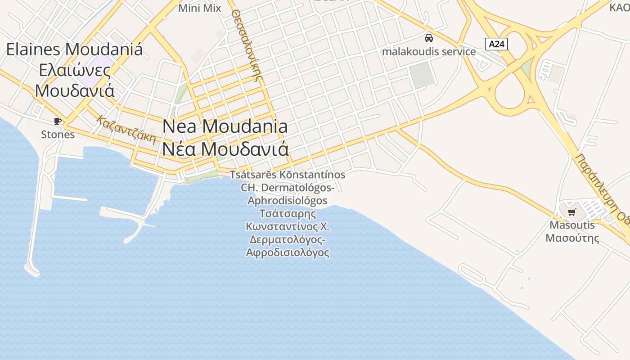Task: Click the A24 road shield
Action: pos(497,44)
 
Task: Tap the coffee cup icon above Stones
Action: pos(58,121)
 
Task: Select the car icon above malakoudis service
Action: pos(429,38)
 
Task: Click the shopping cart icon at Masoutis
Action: pos(571,212)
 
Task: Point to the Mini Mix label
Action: pos(200,8)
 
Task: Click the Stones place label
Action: pos(58,134)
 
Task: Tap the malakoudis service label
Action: pos(429,51)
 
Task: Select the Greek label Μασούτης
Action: pos(572,238)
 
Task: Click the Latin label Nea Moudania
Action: pos(225,126)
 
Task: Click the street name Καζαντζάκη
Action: pos(126,129)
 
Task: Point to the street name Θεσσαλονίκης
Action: pos(247,45)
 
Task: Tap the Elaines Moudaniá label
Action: pos(74,49)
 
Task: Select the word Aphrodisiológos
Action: pos(288,200)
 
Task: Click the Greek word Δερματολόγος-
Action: pos(288,239)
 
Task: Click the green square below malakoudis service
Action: pos(422,75)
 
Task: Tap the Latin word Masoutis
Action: pos(572,225)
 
